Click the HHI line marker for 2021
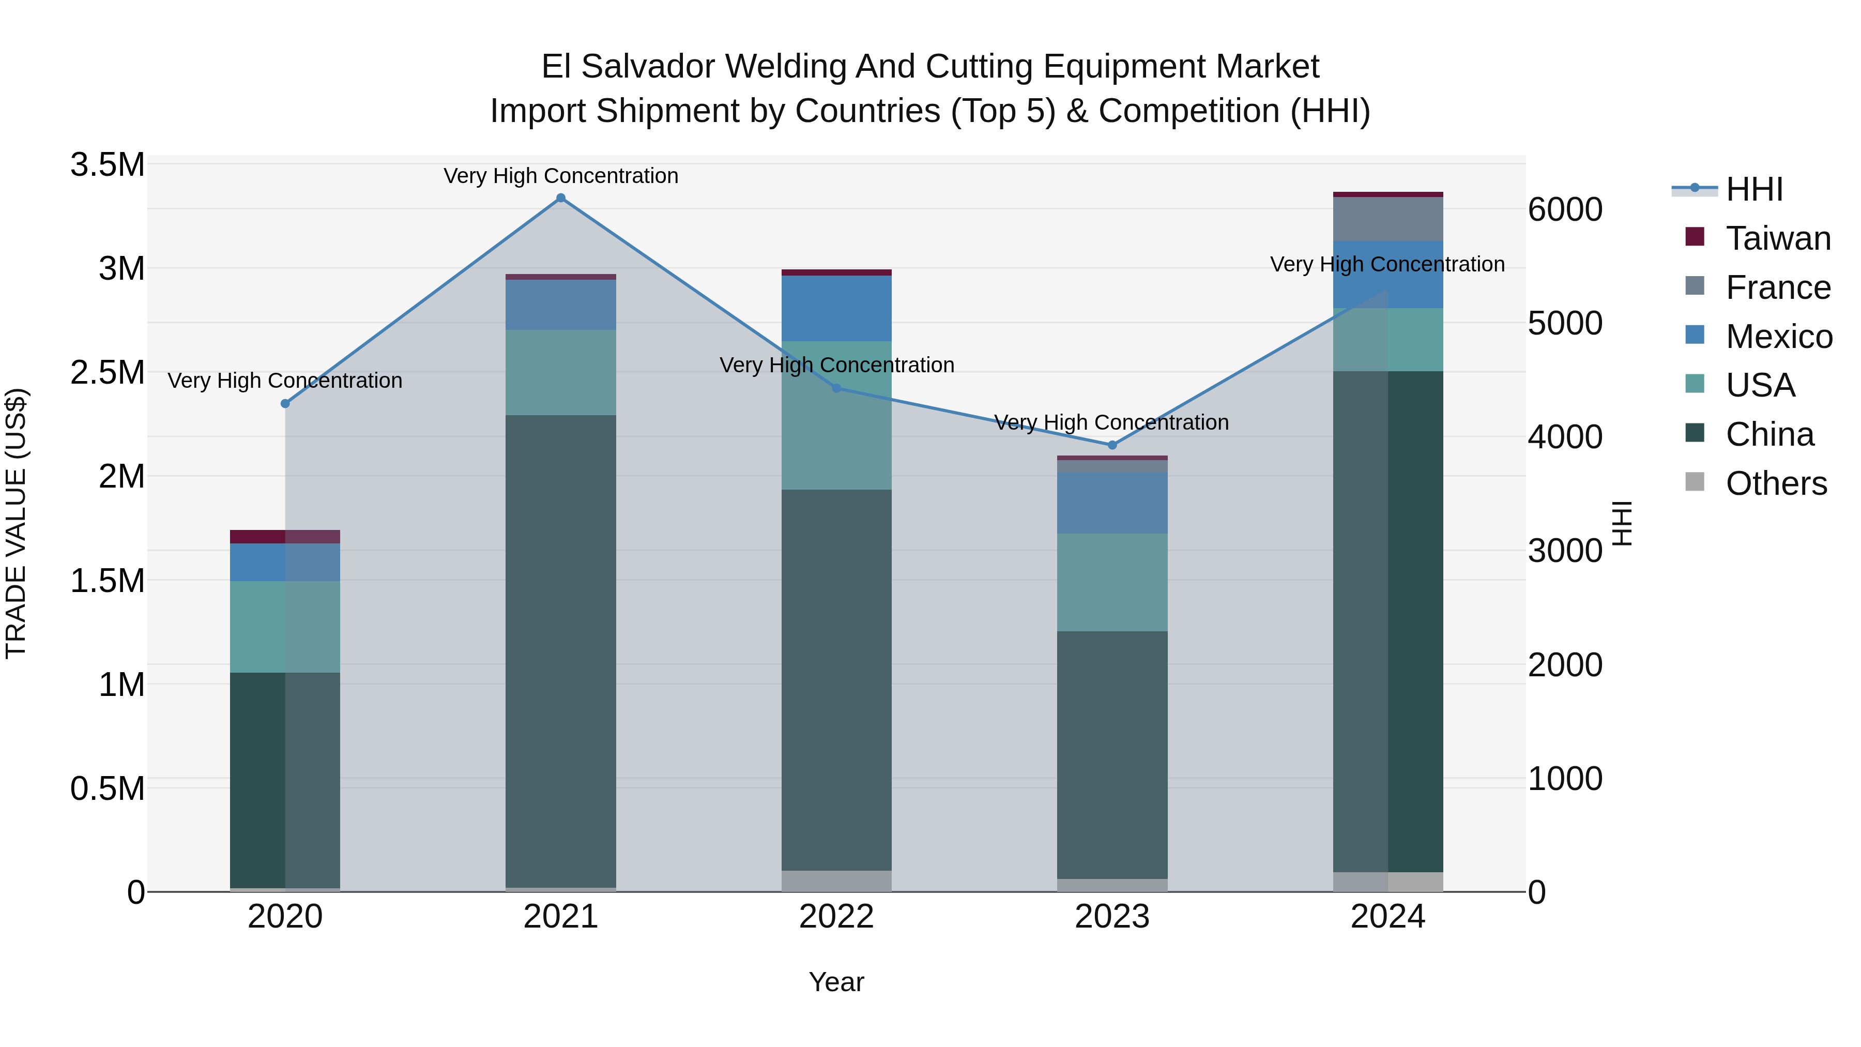coord(560,198)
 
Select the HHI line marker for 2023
coord(1112,445)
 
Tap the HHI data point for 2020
coord(285,404)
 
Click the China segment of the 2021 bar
coord(560,650)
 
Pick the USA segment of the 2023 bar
coord(1112,582)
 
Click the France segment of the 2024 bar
coord(1388,219)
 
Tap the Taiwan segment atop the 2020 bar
coord(285,537)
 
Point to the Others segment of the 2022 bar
coord(836,881)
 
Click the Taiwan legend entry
coord(1777,238)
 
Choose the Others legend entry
coord(1776,483)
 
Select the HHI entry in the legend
coord(1754,189)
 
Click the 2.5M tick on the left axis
coord(108,373)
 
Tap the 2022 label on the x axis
coord(836,917)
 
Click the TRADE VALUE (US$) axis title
coord(16,523)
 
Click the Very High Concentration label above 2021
coord(560,176)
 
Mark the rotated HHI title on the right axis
coord(1622,523)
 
